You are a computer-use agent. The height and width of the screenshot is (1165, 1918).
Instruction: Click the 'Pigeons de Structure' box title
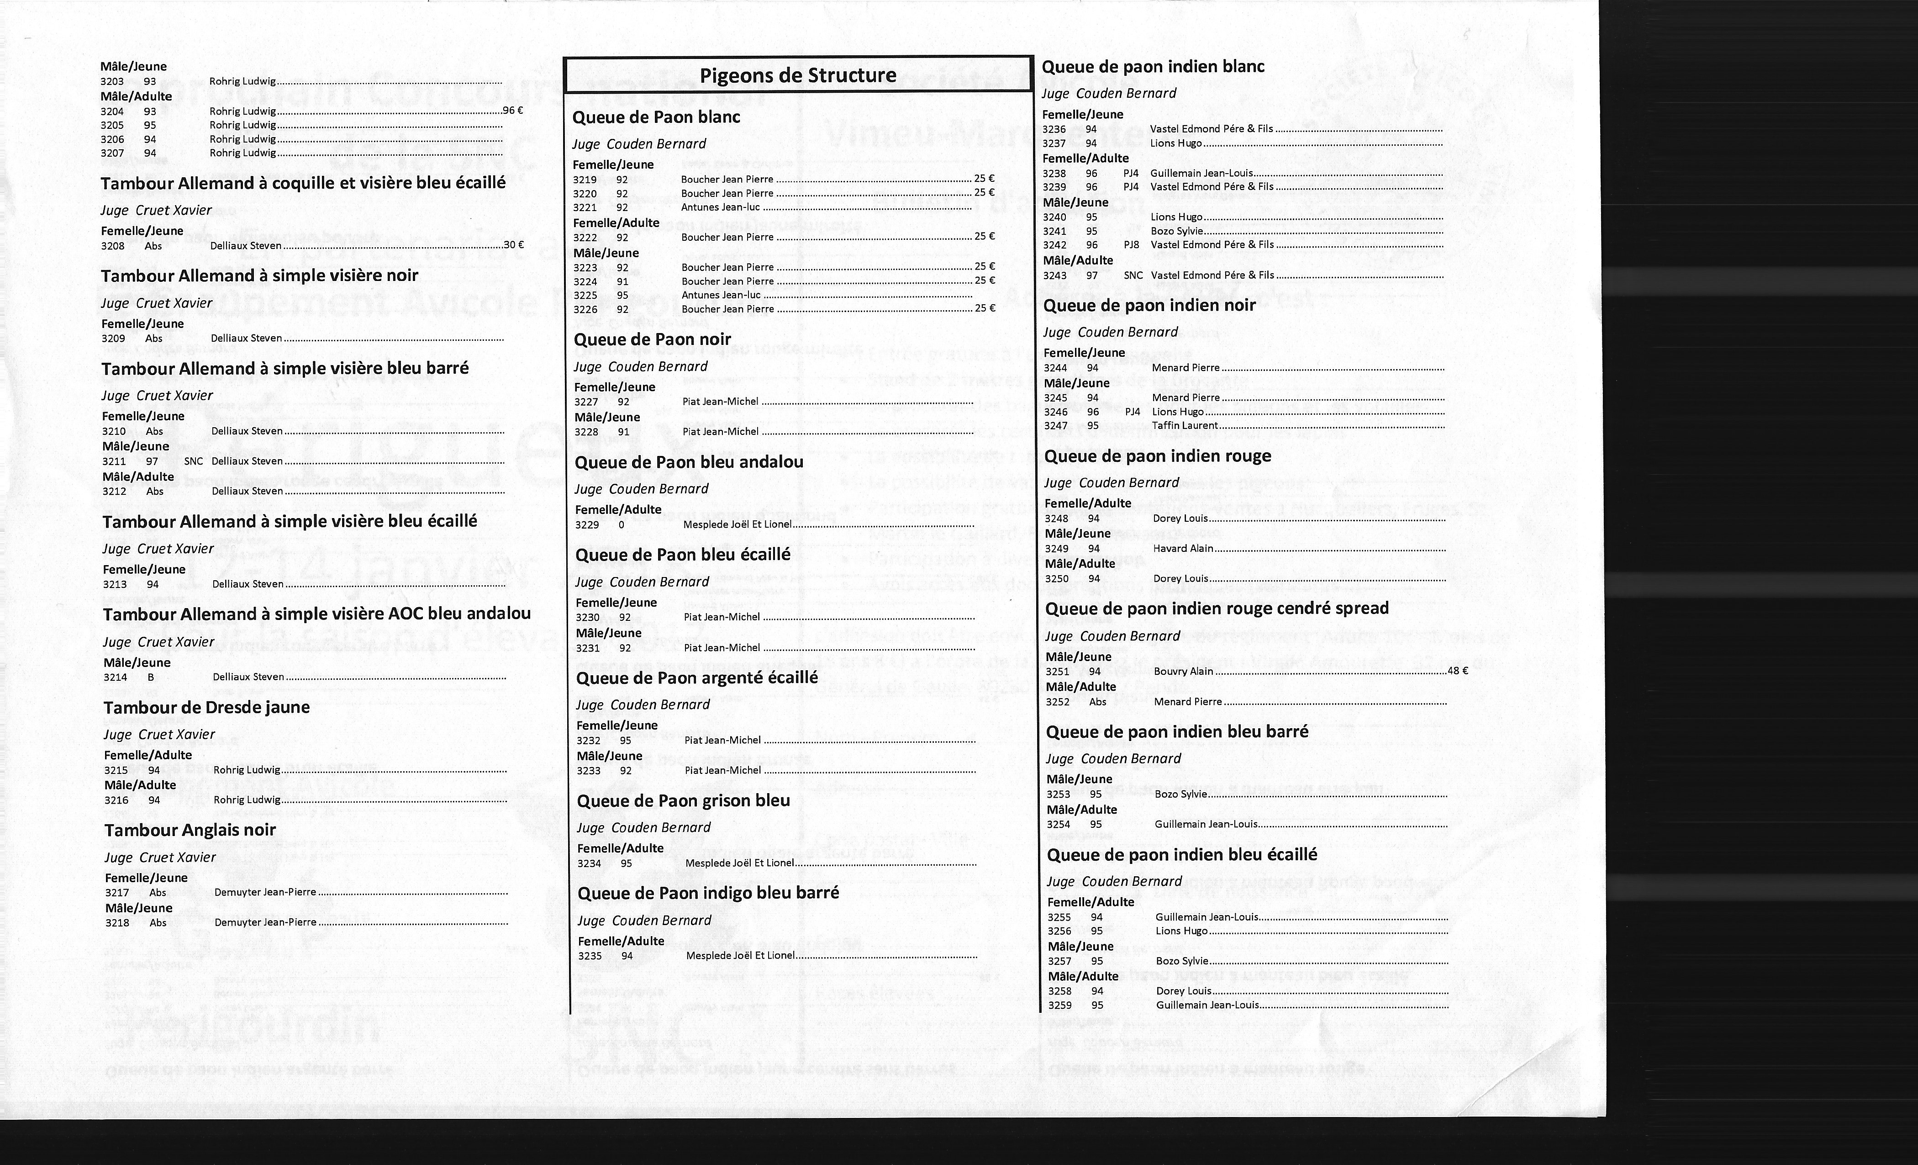pos(798,75)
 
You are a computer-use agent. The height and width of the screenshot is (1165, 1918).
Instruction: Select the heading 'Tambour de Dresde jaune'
pos(206,708)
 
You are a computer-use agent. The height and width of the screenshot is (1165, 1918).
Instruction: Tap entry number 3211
pos(114,461)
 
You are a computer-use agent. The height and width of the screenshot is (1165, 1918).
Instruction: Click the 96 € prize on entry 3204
pos(513,111)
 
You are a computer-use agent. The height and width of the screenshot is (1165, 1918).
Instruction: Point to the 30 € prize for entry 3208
pos(514,244)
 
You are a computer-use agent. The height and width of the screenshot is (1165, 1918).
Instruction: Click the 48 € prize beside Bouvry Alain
pos(1457,671)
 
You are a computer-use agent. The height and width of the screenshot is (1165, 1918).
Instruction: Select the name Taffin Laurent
pos(1185,426)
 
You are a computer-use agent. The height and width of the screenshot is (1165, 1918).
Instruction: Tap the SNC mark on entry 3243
pos(1133,275)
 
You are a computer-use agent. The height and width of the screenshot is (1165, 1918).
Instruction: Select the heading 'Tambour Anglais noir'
pos(190,830)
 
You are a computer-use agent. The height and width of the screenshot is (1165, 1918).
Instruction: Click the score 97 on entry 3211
pos(152,461)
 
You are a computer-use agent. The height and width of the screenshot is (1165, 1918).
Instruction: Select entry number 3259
pos(1059,1006)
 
